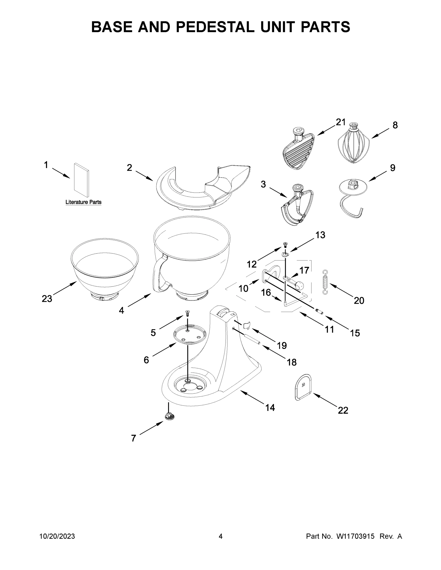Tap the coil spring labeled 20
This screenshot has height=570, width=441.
[x=325, y=282]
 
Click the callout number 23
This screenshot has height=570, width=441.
[x=47, y=299]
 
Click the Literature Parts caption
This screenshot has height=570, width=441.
[x=83, y=202]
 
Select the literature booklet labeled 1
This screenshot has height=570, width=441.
[x=82, y=180]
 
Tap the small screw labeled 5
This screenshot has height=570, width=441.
[x=187, y=313]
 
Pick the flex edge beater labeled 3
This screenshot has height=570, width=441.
[x=296, y=206]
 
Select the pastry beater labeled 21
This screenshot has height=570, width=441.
[x=299, y=151]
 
